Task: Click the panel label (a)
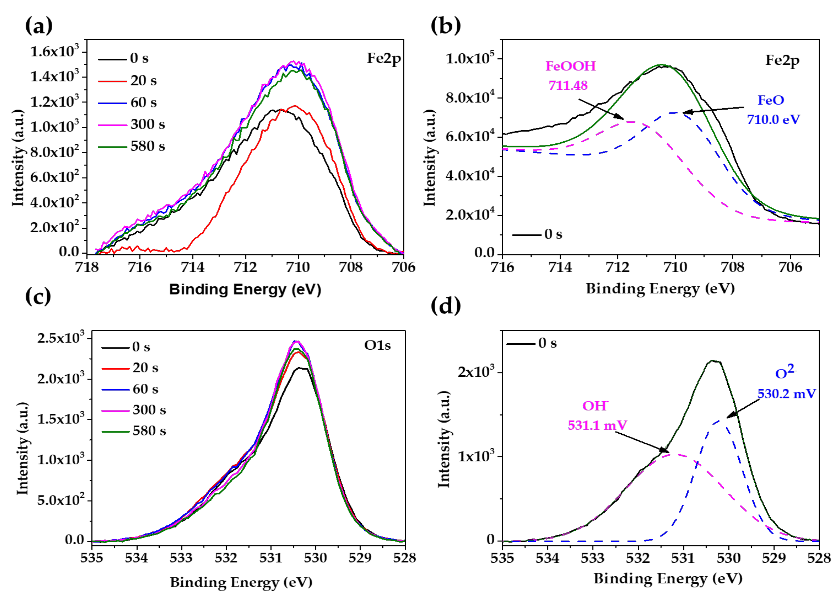[x=39, y=26]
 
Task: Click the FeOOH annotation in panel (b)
[x=570, y=66]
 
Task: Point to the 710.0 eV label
[x=773, y=120]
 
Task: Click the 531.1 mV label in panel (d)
[x=597, y=426]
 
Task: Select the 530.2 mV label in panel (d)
[x=786, y=394]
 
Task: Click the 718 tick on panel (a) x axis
[x=87, y=267]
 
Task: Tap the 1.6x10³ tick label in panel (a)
[x=54, y=52]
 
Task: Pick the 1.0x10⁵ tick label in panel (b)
[x=470, y=59]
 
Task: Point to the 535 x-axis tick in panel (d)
[x=502, y=558]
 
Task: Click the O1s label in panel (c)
[x=377, y=345]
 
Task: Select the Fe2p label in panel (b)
[x=782, y=60]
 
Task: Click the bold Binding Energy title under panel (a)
[x=245, y=290]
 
